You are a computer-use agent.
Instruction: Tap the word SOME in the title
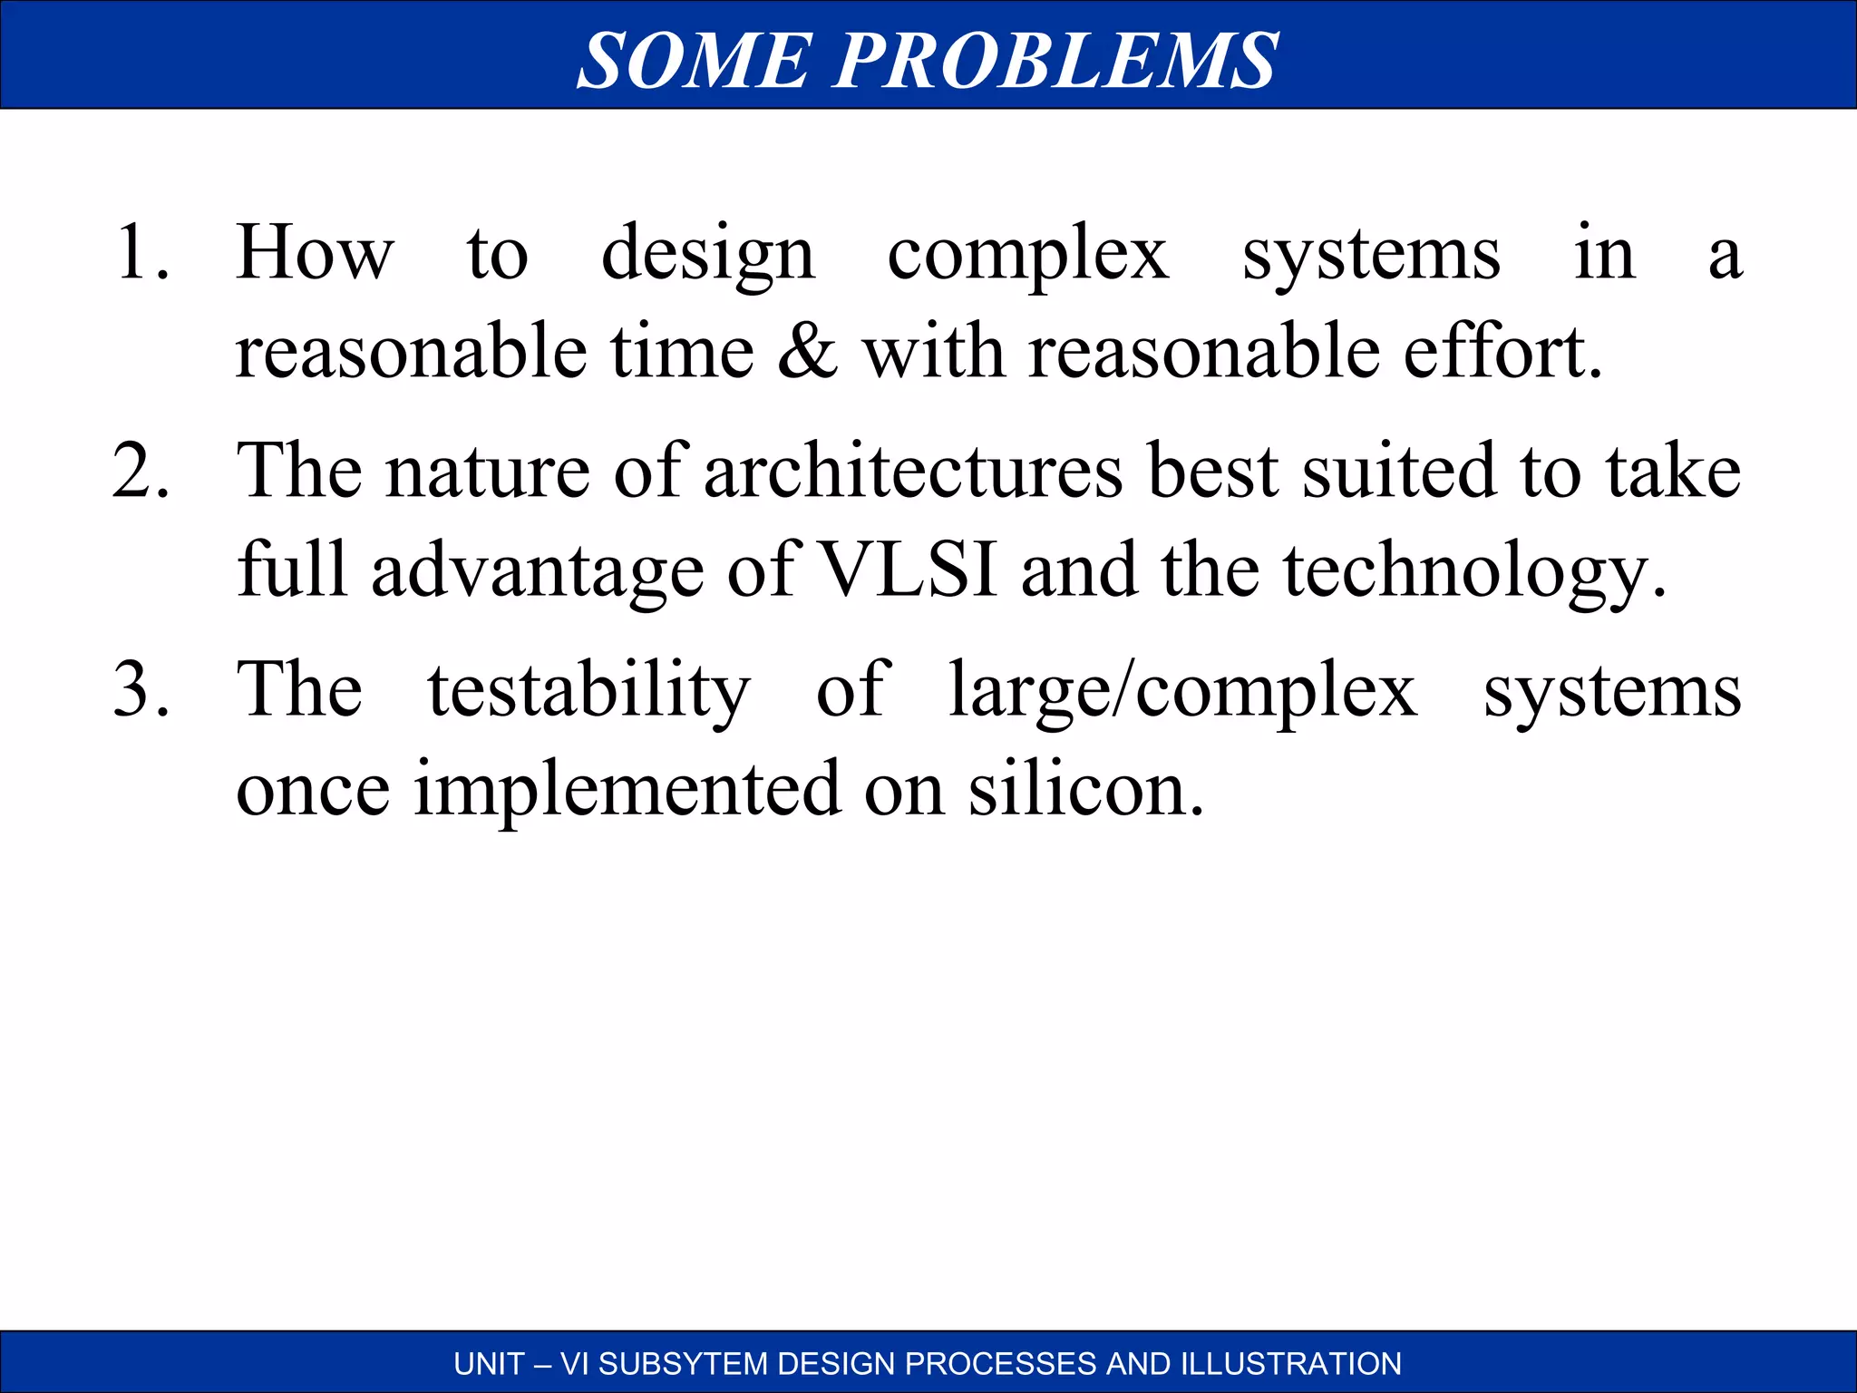tap(694, 60)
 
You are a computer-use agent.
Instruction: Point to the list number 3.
tap(141, 689)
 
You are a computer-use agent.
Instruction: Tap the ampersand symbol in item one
tap(807, 352)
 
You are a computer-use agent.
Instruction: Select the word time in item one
tap(682, 352)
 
